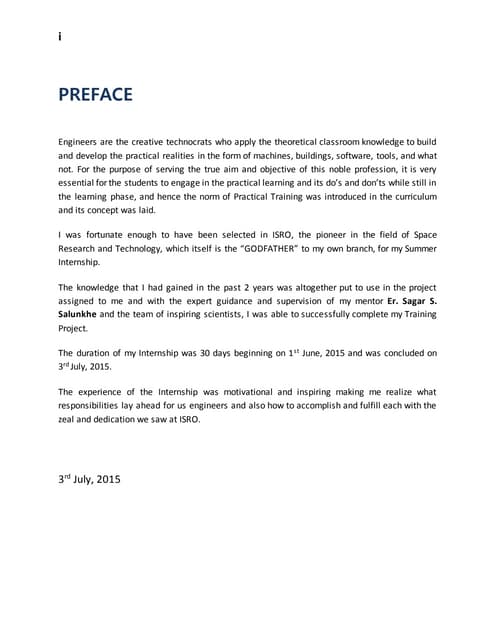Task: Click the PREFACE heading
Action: pos(94,96)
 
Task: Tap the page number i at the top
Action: pos(60,36)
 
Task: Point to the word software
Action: pos(349,157)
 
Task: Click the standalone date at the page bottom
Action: pos(89,479)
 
